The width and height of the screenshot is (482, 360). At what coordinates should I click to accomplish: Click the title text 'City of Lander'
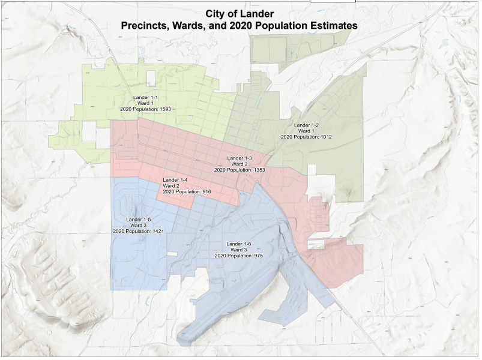click(x=239, y=14)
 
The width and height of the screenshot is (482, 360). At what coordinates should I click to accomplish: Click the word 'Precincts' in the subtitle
click(x=146, y=26)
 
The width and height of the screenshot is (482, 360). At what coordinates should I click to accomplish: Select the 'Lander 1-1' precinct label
click(x=146, y=97)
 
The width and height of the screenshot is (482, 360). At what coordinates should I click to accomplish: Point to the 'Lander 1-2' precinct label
click(x=306, y=125)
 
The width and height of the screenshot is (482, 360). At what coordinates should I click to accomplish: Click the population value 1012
click(x=322, y=137)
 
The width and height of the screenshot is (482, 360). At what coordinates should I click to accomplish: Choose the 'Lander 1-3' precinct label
click(x=239, y=158)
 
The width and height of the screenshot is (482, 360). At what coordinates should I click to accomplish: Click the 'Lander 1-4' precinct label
click(x=175, y=180)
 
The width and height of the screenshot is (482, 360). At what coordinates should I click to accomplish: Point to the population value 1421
click(x=154, y=231)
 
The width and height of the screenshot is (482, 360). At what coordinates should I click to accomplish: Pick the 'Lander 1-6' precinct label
click(x=239, y=244)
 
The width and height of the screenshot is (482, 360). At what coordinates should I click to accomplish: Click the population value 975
click(x=255, y=256)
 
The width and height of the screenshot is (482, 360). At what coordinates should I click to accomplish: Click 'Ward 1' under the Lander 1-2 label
click(x=306, y=131)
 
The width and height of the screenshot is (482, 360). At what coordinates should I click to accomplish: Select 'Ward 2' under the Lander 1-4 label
click(x=175, y=186)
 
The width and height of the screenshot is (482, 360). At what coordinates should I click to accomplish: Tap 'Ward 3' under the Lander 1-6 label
click(x=239, y=250)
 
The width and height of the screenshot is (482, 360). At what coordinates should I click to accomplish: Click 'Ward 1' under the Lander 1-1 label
click(x=146, y=103)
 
